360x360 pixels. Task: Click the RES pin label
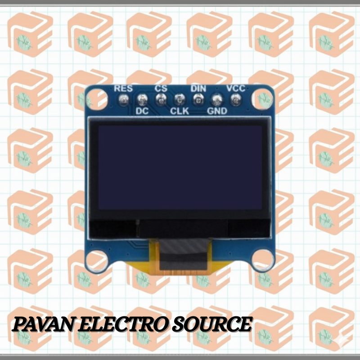(123, 88)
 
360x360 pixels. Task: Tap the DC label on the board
(142, 111)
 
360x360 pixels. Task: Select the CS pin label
(161, 88)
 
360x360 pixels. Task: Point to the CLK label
(180, 111)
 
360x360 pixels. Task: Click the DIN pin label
(198, 88)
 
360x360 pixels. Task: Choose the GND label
(217, 111)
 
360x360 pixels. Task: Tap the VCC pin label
(236, 88)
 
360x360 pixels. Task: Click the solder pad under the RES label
(124, 100)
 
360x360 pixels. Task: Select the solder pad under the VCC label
(236, 100)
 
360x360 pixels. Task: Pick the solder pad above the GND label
(217, 100)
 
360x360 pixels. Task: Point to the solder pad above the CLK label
(180, 100)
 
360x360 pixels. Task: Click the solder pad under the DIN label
(198, 100)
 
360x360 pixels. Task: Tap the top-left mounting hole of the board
(97, 99)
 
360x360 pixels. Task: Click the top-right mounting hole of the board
(262, 99)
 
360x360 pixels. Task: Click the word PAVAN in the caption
(44, 324)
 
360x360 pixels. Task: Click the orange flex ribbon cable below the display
(181, 257)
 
